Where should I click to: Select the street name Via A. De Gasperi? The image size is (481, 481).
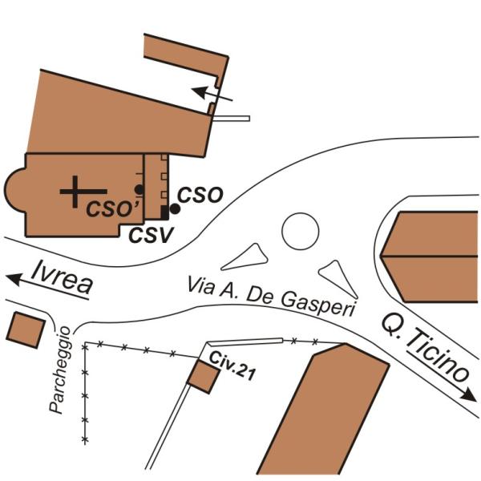click(x=271, y=296)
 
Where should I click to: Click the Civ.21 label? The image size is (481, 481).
click(x=226, y=358)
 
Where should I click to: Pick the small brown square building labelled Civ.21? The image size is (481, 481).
click(x=201, y=376)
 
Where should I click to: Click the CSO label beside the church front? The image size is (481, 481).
click(x=199, y=194)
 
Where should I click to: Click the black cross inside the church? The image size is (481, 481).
click(x=74, y=191)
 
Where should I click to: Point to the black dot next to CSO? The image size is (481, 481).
click(x=175, y=208)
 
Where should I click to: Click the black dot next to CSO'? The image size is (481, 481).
click(x=139, y=189)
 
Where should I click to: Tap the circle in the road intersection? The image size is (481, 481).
click(x=301, y=231)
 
